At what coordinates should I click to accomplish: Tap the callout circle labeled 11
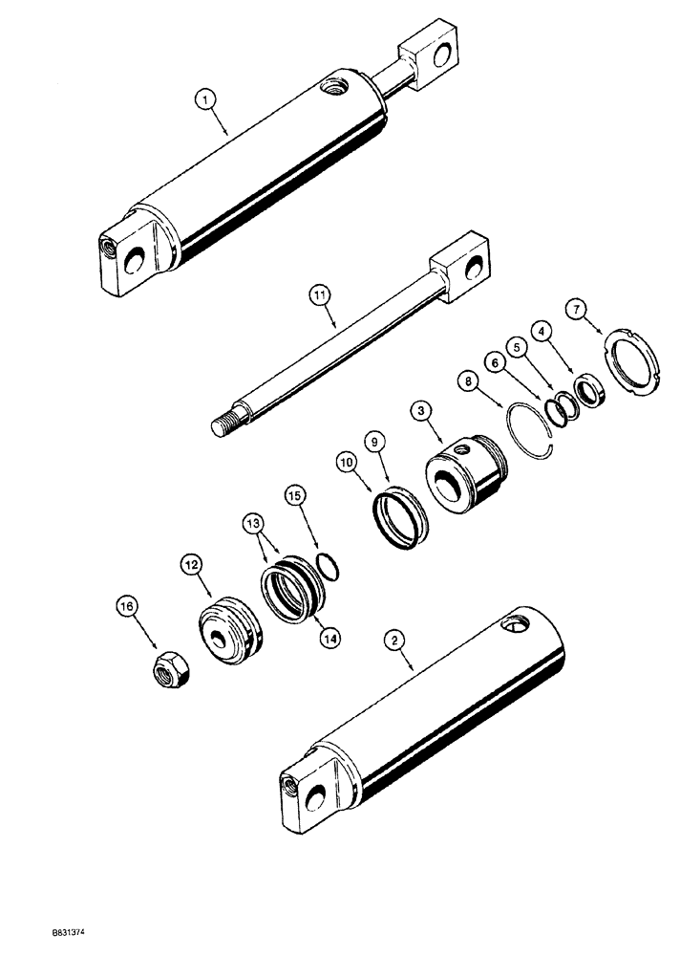click(x=319, y=297)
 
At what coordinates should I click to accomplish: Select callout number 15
click(x=294, y=496)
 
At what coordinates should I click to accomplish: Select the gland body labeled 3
click(x=464, y=475)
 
